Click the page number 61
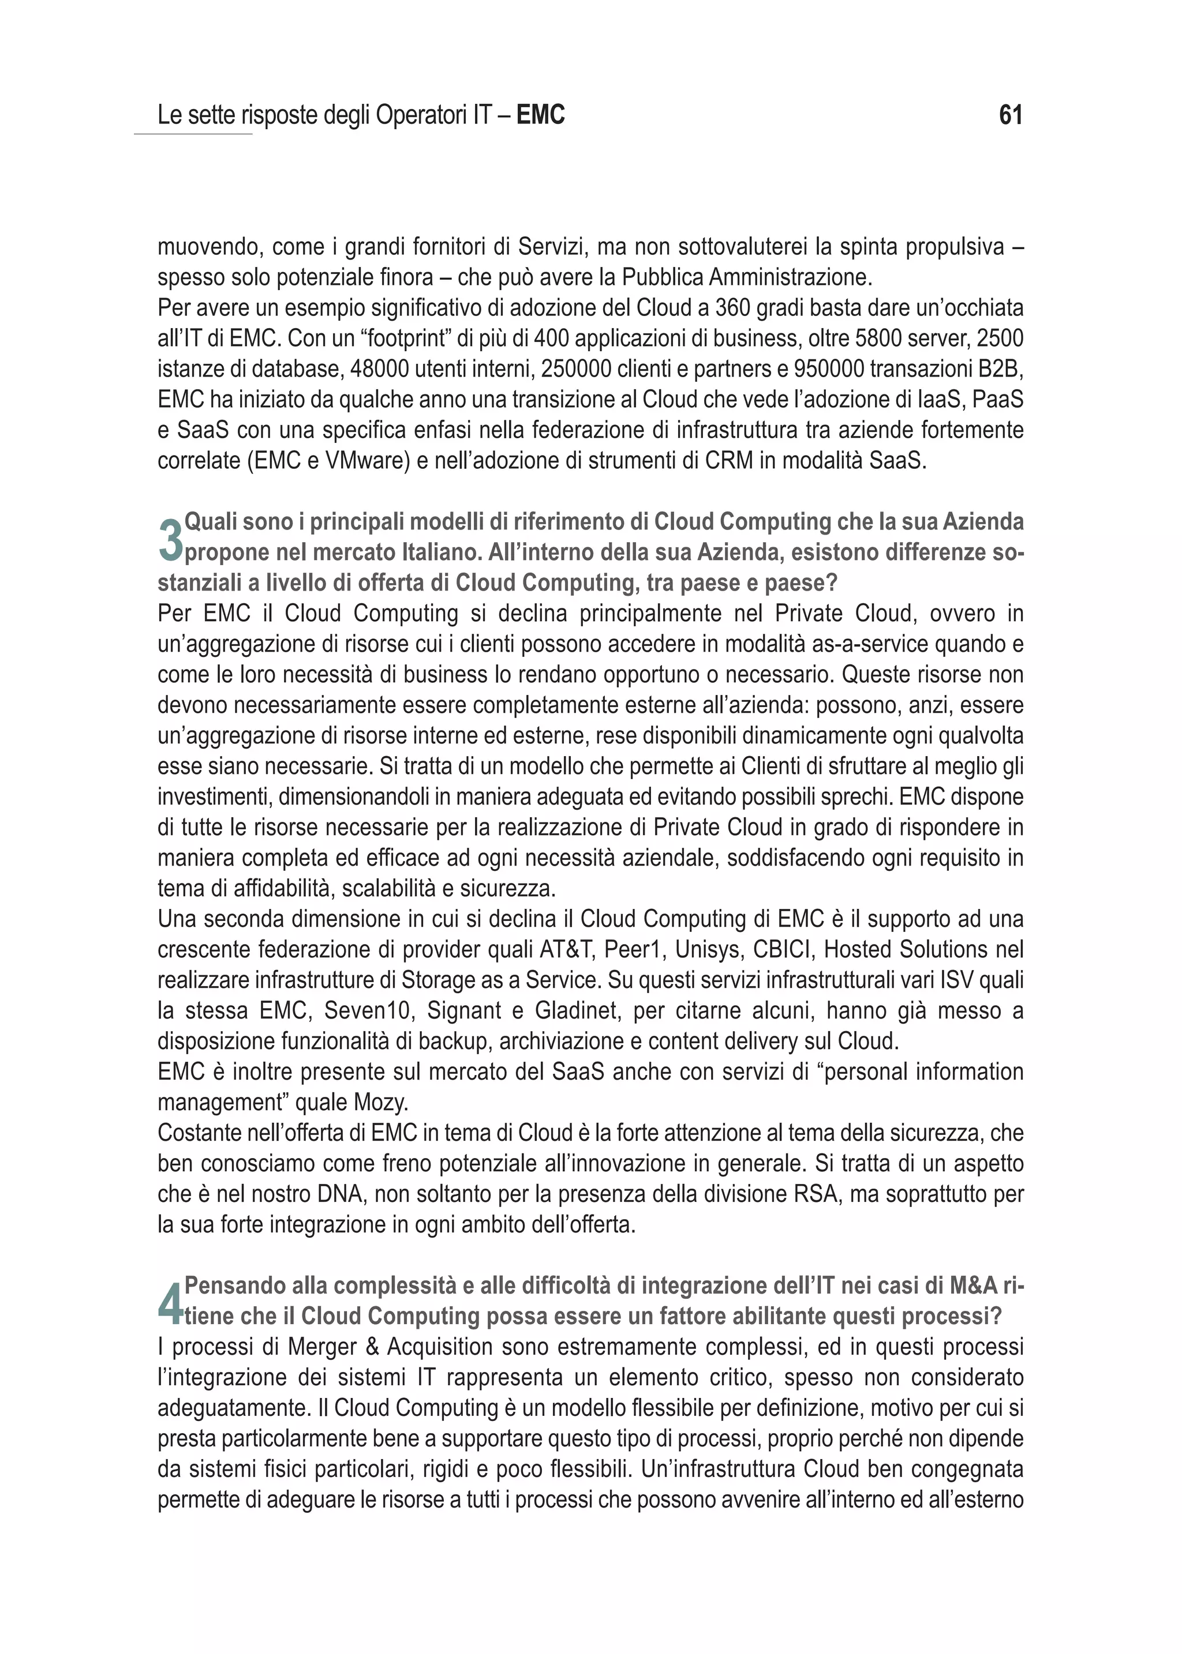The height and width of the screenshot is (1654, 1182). pyautogui.click(x=1011, y=115)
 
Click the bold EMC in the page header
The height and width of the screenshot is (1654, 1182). pyautogui.click(x=540, y=115)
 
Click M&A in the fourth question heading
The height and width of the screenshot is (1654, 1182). pyautogui.click(x=972, y=1286)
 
